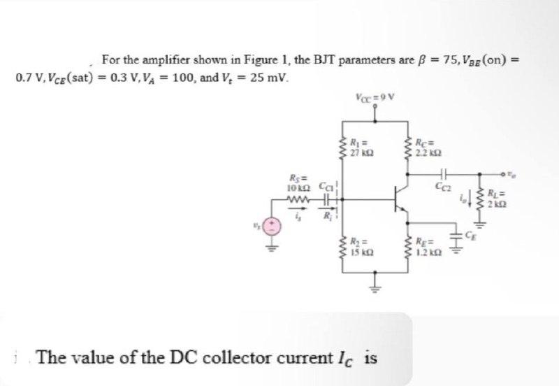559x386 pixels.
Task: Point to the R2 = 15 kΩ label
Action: tap(360, 247)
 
